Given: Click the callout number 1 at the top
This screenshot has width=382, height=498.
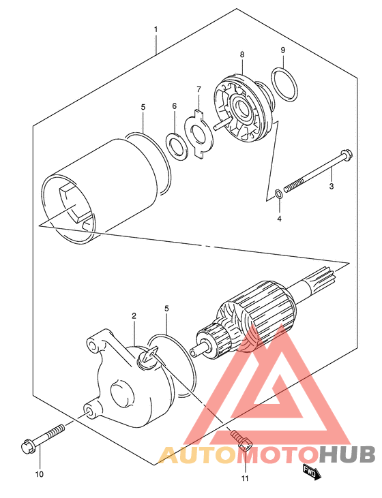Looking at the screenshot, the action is (156, 29).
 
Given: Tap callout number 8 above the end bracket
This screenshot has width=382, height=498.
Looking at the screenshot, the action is (242, 55).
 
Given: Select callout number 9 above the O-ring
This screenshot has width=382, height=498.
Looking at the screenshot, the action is (283, 50).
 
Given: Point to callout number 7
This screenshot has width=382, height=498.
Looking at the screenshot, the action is (199, 89).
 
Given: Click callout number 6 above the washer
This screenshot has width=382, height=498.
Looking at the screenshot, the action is (175, 106).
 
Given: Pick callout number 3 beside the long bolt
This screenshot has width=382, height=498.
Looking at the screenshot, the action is (332, 186).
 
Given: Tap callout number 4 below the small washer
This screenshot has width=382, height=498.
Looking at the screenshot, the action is (279, 219).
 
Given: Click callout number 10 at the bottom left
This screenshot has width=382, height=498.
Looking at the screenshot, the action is (39, 474).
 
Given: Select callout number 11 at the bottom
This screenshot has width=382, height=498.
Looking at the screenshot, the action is (245, 478).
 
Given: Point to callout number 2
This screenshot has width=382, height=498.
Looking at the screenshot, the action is (134, 315).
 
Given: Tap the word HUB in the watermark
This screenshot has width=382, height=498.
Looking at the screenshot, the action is (347, 455).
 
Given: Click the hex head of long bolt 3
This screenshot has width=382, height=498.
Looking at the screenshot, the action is (346, 155).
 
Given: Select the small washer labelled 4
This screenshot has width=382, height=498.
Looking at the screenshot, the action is (278, 193).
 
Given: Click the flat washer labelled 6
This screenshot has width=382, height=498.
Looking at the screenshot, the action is (176, 146).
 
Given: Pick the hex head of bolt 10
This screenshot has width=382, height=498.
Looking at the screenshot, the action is (28, 446).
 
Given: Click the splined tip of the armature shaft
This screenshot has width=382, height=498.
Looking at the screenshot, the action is (325, 277).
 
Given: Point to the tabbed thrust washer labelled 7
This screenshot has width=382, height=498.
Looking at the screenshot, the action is (198, 134).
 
